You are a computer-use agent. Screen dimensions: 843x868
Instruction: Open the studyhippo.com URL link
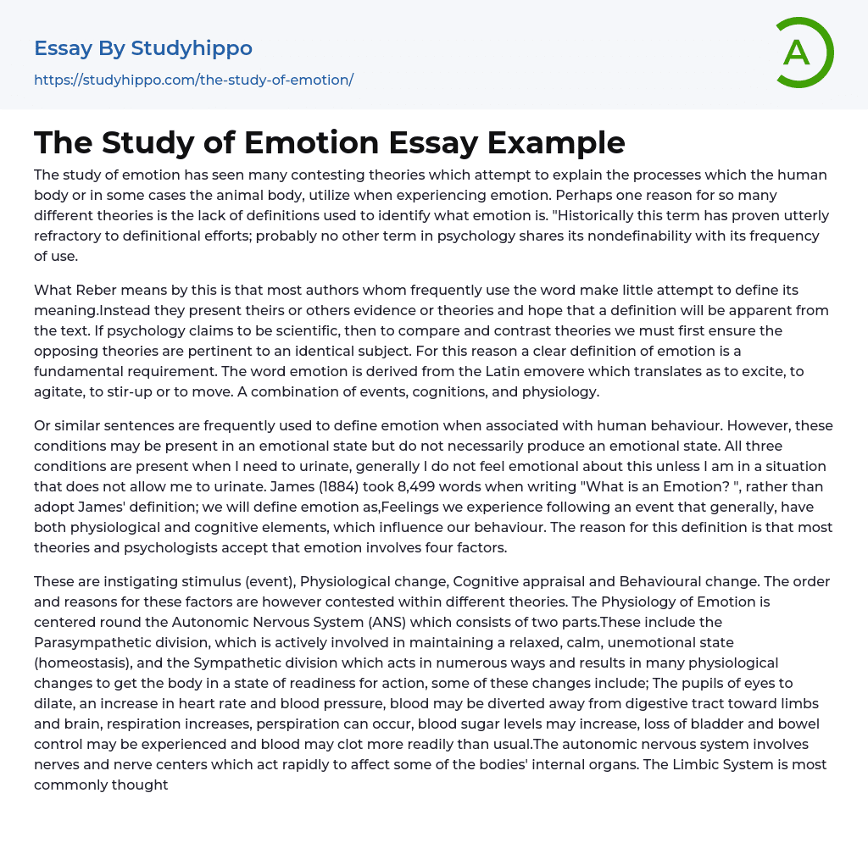[x=193, y=80]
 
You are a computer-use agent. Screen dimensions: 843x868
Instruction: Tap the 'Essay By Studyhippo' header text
[x=143, y=48]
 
